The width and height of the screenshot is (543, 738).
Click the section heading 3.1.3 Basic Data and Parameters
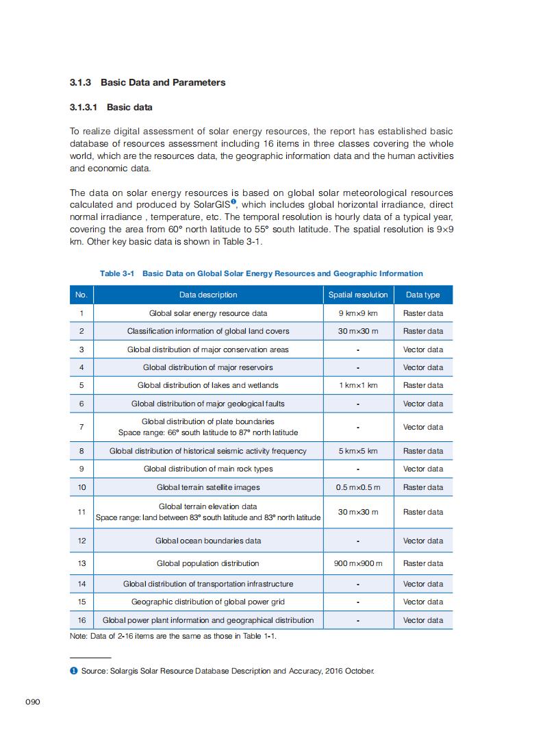coord(147,82)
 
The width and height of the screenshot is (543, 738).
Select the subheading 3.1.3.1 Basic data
coord(111,108)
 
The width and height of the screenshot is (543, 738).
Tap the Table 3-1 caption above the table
coord(261,273)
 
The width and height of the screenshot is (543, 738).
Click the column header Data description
coord(208,295)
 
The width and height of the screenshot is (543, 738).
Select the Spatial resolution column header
coord(358,295)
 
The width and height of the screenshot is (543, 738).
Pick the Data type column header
coord(422,295)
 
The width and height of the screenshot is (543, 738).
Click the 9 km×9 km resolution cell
coord(358,313)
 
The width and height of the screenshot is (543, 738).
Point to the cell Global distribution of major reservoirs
coord(208,367)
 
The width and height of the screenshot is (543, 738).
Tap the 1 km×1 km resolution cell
coord(358,385)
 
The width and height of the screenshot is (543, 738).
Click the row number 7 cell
coord(81,427)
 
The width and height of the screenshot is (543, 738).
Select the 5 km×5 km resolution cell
coord(358,451)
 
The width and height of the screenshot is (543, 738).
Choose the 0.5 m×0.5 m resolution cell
coord(358,487)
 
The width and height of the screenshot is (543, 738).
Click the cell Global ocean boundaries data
coord(208,541)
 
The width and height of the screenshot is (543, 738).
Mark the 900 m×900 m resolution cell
coord(358,563)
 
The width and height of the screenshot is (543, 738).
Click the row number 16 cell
coord(81,620)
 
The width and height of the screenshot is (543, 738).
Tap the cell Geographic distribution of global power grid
coord(208,602)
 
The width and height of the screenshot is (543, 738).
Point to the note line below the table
coord(173,636)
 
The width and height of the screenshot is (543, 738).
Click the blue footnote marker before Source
coord(73,671)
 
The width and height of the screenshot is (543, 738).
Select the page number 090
coord(34,702)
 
